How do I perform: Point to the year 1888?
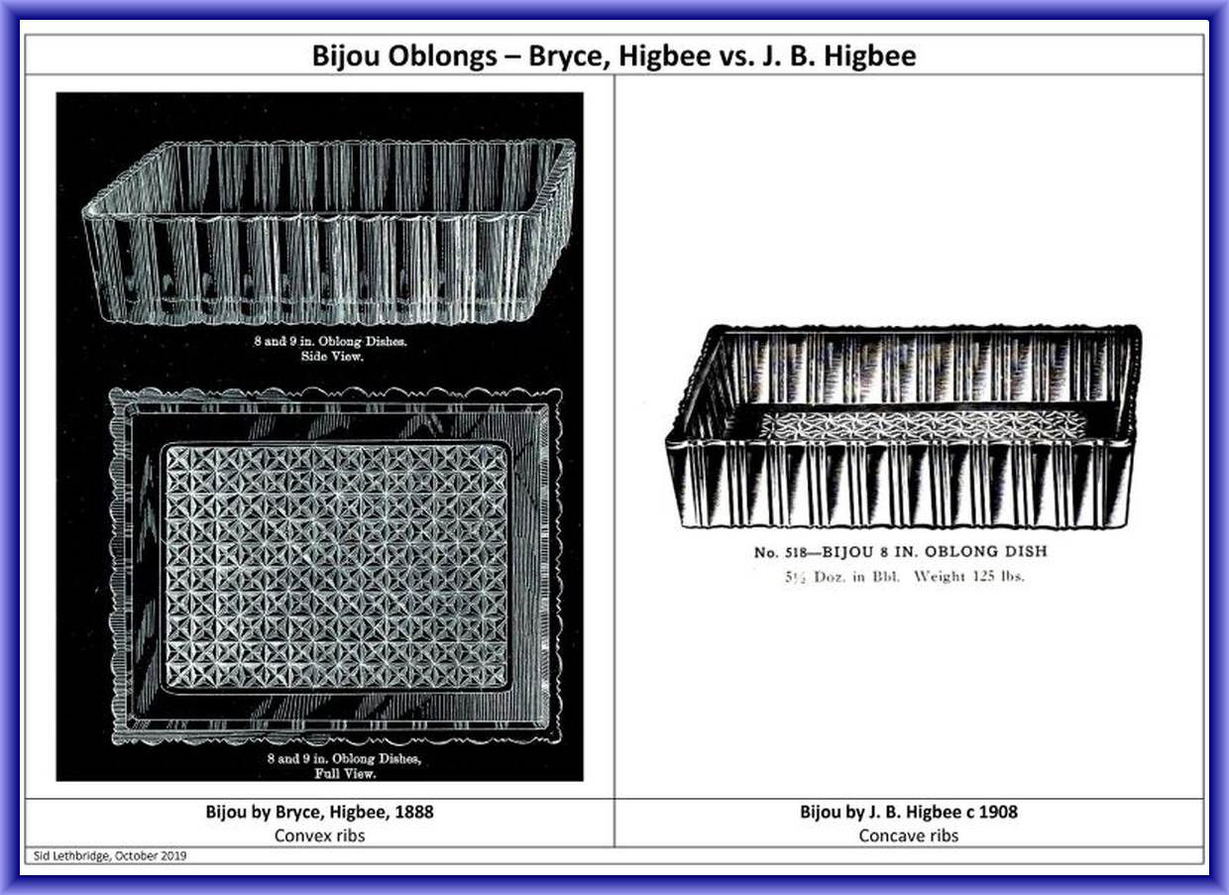coord(414,812)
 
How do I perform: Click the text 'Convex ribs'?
coord(319,836)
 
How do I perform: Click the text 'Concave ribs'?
coord(909,836)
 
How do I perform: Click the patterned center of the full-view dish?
coord(336,566)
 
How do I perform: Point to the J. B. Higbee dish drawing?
coord(903,426)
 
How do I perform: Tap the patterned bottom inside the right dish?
coord(922,425)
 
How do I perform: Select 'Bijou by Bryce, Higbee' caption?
coord(295,812)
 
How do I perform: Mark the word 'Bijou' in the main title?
coord(346,56)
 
